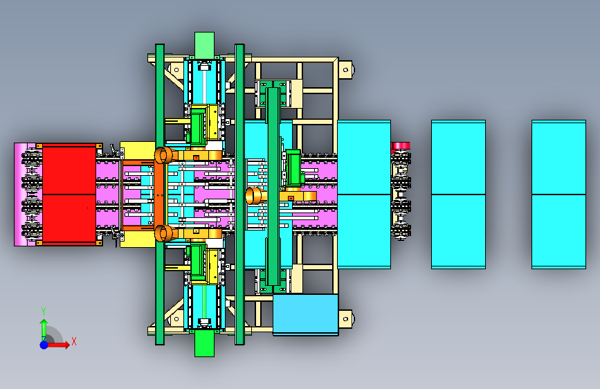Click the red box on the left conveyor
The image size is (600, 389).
(69, 194)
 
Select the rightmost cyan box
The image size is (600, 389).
(558, 194)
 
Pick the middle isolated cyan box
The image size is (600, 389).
(458, 194)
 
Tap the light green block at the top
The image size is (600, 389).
(204, 45)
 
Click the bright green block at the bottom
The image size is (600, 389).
(204, 343)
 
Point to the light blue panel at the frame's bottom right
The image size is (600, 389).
(305, 314)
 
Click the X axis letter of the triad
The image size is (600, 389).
(74, 341)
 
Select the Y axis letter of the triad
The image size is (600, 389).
(44, 311)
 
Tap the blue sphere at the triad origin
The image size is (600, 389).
(44, 345)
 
